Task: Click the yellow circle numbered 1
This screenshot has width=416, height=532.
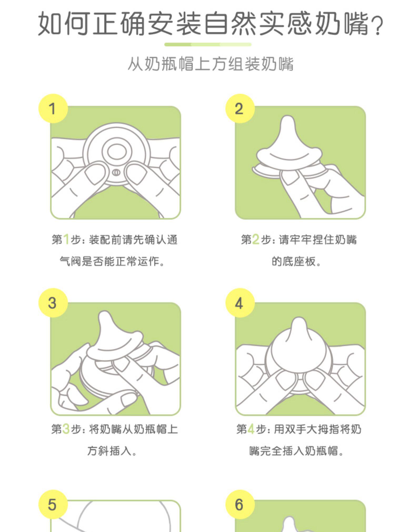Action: (x=53, y=108)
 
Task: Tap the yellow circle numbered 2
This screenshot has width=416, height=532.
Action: (x=240, y=108)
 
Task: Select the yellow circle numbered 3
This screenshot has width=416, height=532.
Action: (x=53, y=302)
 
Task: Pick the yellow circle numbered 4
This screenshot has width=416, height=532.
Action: (x=240, y=302)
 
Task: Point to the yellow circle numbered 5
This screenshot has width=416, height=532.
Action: (x=53, y=504)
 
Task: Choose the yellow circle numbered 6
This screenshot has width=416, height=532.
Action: (x=240, y=504)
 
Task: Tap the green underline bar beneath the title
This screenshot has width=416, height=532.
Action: (x=208, y=44)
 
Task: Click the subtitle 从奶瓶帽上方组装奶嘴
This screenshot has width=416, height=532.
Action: (x=210, y=64)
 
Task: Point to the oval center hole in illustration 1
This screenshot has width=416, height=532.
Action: (x=117, y=152)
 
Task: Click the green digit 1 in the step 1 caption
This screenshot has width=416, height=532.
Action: (x=66, y=240)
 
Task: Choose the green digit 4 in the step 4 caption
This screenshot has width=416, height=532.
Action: (x=251, y=429)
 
